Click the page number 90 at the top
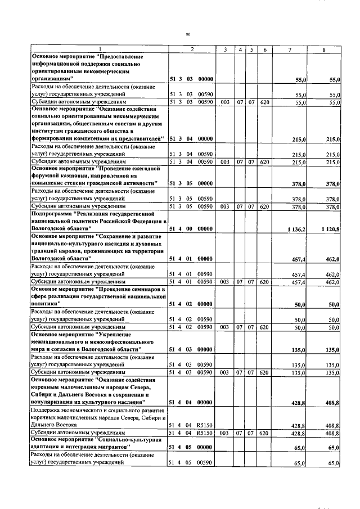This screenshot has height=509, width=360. pos(188,34)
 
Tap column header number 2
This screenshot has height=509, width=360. pos(192,50)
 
